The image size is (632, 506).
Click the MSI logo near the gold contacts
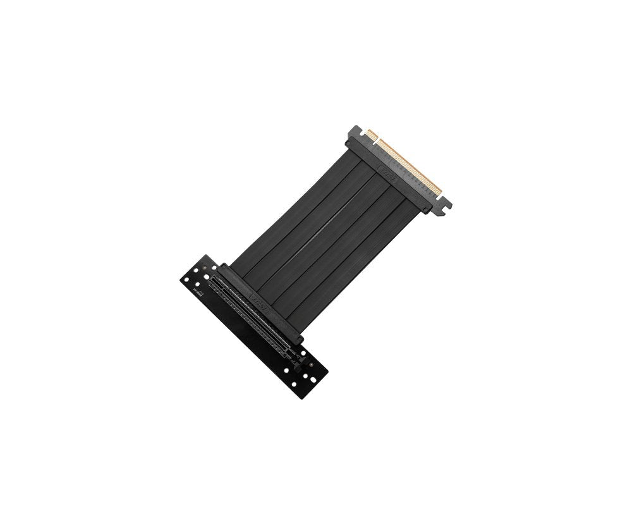(387, 172)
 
